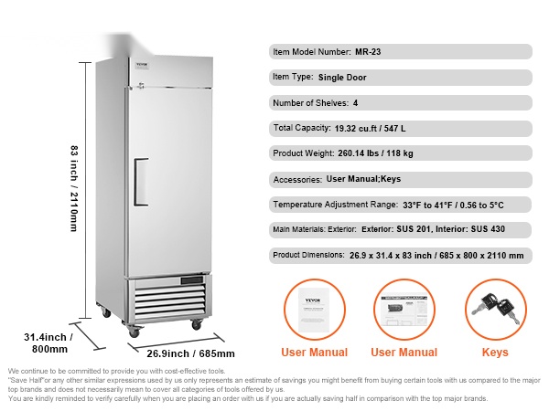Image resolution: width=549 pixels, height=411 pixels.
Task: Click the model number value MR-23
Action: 369,52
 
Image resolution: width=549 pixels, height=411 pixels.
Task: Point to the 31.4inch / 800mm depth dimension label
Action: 48,342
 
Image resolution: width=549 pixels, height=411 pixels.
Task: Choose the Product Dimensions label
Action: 308,256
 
